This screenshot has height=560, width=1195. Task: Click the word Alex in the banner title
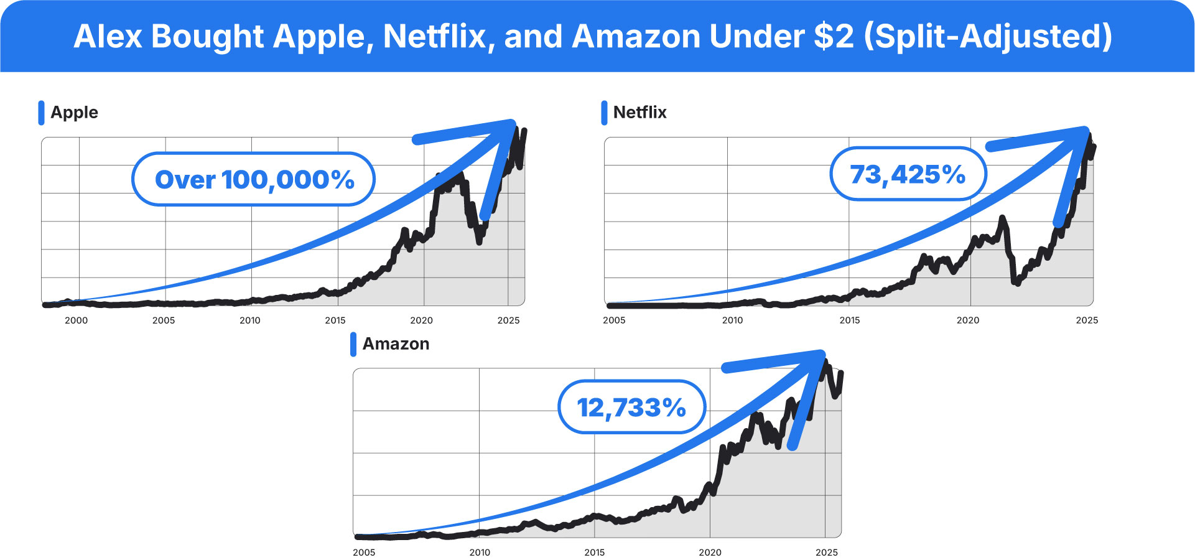(108, 36)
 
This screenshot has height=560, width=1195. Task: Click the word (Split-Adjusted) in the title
(988, 36)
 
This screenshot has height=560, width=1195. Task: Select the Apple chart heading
(74, 113)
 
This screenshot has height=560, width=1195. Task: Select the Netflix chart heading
(639, 113)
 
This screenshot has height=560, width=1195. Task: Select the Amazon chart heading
(396, 344)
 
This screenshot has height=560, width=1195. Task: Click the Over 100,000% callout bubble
(254, 179)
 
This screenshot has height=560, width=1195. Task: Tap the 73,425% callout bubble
(908, 174)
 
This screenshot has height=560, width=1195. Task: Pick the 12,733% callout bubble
(631, 408)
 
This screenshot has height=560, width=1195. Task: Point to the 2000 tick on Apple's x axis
(77, 320)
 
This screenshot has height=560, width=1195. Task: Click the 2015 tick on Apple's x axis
(335, 320)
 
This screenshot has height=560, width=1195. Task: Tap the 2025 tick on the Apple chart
(508, 320)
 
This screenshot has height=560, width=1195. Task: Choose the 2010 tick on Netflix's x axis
(732, 320)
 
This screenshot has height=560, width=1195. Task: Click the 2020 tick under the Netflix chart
(967, 320)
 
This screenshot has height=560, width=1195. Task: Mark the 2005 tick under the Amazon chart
(364, 553)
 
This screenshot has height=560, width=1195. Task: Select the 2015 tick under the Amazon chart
(594, 553)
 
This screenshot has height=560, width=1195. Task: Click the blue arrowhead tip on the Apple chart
(514, 123)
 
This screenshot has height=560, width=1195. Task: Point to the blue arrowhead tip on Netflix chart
(1086, 129)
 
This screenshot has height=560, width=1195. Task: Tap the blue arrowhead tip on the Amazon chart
(822, 353)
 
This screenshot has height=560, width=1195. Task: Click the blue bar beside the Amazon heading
(353, 344)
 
